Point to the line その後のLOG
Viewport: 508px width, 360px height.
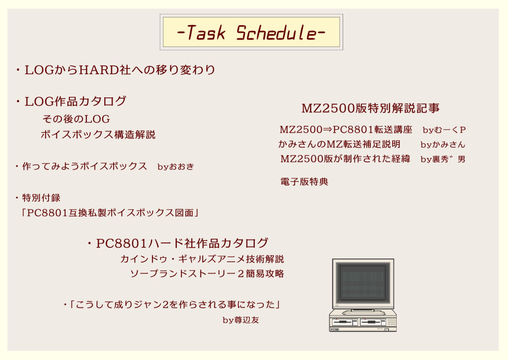[76, 119]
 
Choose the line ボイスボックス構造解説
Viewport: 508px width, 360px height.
[98, 135]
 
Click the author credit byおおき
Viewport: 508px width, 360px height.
[175, 167]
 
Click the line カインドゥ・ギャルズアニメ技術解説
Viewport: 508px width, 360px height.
[202, 259]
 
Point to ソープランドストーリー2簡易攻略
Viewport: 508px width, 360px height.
[206, 274]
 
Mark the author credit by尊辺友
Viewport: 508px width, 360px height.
[241, 320]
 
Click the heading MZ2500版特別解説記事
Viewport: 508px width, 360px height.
[370, 108]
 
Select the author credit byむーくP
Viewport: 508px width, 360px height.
[444, 130]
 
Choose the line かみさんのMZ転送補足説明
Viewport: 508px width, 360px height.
[339, 144]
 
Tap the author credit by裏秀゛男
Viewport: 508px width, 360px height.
[443, 159]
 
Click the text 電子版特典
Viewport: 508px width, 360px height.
[304, 182]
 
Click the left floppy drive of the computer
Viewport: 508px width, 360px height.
[345, 321]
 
